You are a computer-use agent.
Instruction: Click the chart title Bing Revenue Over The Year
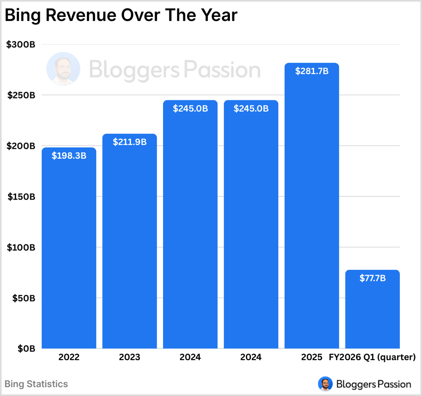click(121, 16)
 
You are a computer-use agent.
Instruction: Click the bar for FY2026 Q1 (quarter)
click(372, 313)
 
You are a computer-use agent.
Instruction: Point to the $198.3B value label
click(69, 156)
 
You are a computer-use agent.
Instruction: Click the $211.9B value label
click(129, 142)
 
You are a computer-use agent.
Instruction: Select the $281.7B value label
click(312, 71)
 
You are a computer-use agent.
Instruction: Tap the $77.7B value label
click(372, 278)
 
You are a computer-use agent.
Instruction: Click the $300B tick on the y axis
click(21, 45)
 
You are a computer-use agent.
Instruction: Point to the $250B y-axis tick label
click(21, 95)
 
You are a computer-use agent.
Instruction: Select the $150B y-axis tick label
click(21, 197)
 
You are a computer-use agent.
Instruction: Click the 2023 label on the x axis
click(129, 357)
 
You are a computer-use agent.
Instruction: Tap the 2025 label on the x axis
click(312, 357)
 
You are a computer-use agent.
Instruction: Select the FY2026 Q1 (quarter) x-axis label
click(372, 357)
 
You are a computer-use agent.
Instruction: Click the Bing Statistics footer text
click(36, 384)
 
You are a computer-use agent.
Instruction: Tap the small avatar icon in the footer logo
click(325, 384)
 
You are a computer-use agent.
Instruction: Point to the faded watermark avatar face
click(63, 69)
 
